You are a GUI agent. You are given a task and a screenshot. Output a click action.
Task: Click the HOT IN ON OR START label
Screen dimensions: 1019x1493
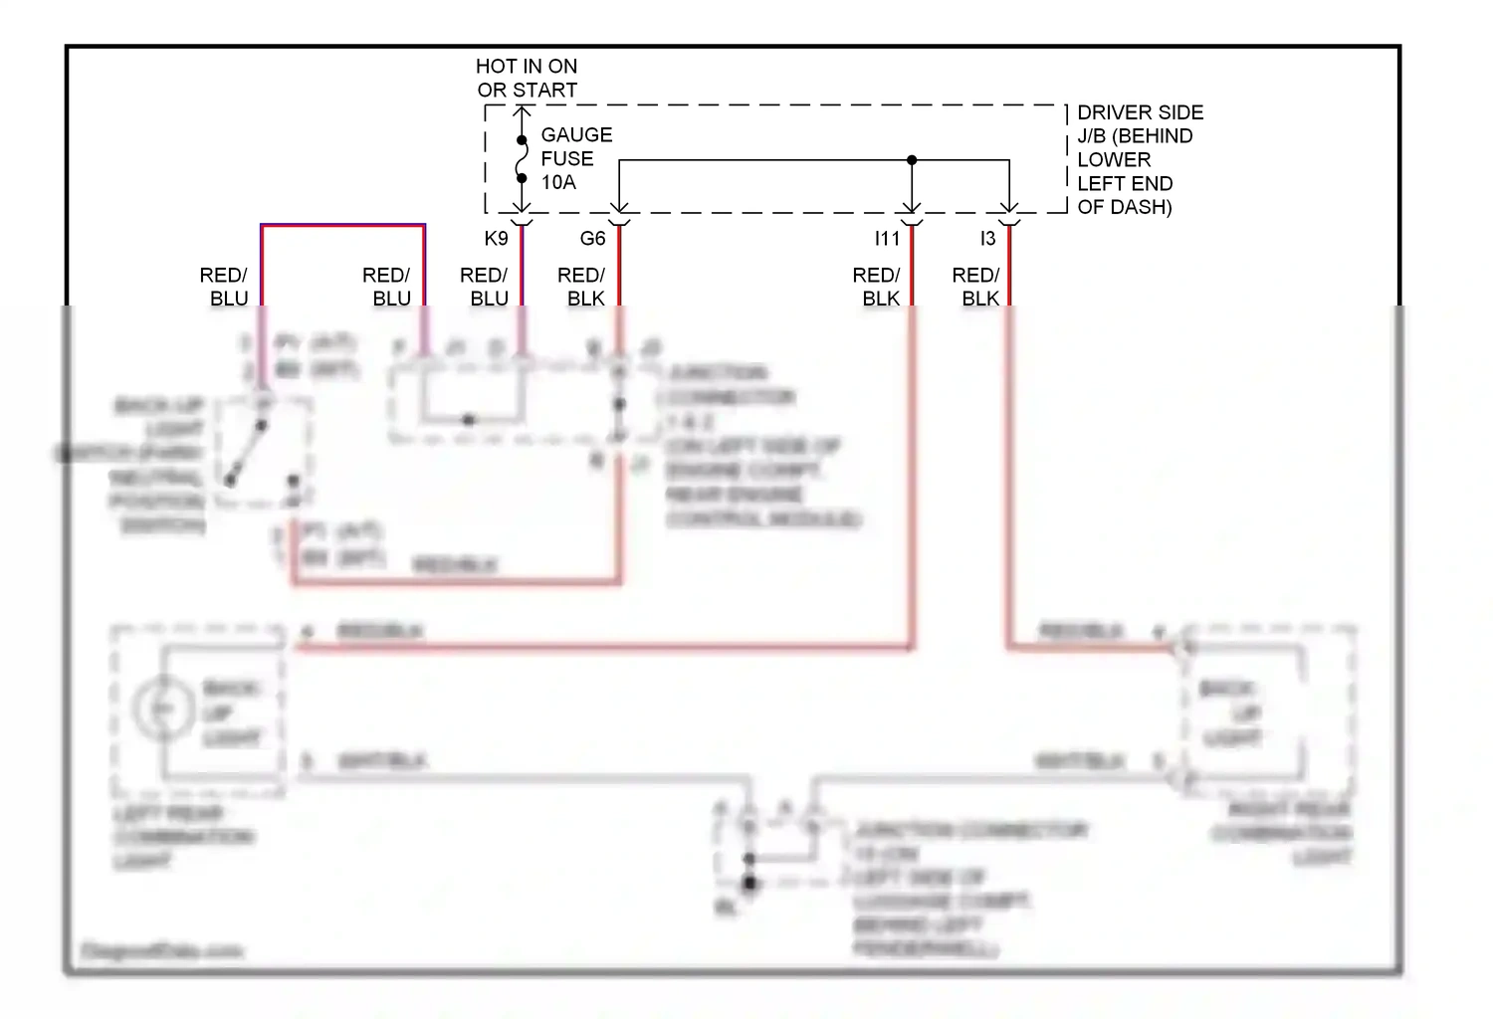tap(526, 78)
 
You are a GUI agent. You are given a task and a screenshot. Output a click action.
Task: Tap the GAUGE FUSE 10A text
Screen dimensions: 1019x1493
tap(575, 158)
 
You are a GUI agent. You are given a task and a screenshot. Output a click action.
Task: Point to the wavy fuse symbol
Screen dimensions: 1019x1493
tap(522, 159)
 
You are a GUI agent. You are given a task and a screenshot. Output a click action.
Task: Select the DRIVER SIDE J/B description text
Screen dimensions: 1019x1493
tap(1139, 159)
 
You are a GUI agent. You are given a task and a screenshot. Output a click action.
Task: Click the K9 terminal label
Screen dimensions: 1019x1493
tap(496, 239)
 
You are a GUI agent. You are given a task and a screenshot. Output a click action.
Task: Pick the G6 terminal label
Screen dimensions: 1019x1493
tap(592, 239)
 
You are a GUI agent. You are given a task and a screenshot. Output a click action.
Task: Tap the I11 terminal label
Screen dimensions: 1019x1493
tap(886, 239)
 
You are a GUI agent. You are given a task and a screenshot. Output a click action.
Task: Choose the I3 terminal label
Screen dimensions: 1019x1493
tap(986, 239)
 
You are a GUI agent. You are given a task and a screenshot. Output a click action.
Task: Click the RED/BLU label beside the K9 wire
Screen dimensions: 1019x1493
tap(485, 287)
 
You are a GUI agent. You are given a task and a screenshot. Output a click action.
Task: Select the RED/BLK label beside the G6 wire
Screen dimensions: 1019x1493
tap(582, 287)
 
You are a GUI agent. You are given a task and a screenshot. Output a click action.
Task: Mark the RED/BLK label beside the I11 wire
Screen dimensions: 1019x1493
tap(877, 287)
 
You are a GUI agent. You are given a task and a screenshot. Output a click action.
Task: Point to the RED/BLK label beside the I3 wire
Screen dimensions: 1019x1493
tap(976, 287)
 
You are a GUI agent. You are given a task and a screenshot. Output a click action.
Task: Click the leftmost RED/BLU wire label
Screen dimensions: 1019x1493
tap(224, 287)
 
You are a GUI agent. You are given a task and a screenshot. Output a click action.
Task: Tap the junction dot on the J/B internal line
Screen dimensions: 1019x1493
tap(912, 160)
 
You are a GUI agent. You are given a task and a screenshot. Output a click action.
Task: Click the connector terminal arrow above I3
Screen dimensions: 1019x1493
tap(1009, 210)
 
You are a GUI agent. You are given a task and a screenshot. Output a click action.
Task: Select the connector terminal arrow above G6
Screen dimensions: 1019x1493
tap(619, 210)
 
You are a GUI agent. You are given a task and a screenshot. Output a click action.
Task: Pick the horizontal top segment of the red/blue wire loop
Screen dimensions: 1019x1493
tap(343, 226)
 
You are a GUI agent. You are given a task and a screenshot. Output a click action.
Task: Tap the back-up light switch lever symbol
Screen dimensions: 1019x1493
tap(246, 452)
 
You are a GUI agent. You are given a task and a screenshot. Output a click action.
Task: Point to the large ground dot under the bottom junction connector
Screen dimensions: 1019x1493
tap(749, 883)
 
